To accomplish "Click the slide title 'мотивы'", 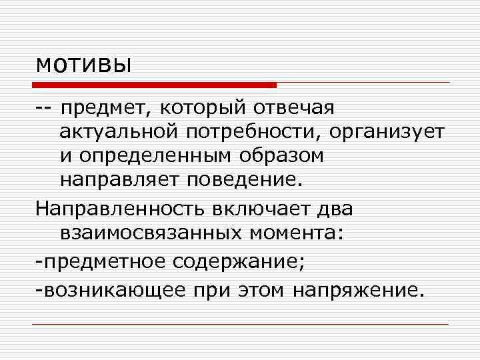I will coord(83,65).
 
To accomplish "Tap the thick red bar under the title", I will coord(155,85).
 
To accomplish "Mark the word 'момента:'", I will coord(295,233).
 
